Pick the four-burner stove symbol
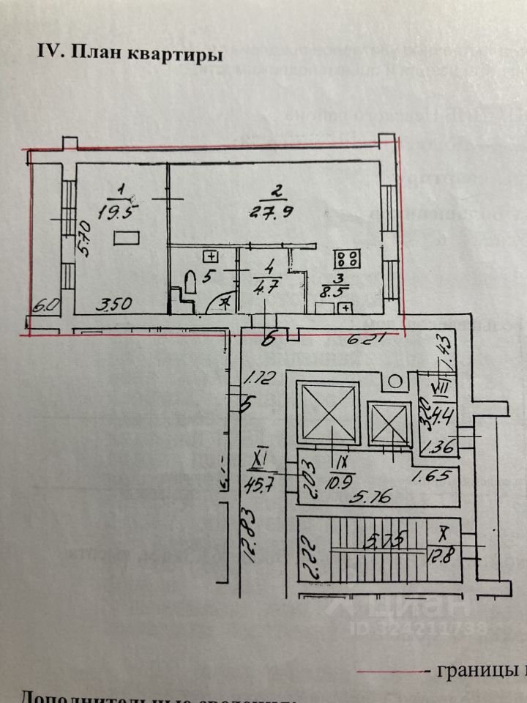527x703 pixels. coord(346,258)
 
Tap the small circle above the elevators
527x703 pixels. coord(395,382)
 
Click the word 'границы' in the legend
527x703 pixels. coord(468,670)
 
